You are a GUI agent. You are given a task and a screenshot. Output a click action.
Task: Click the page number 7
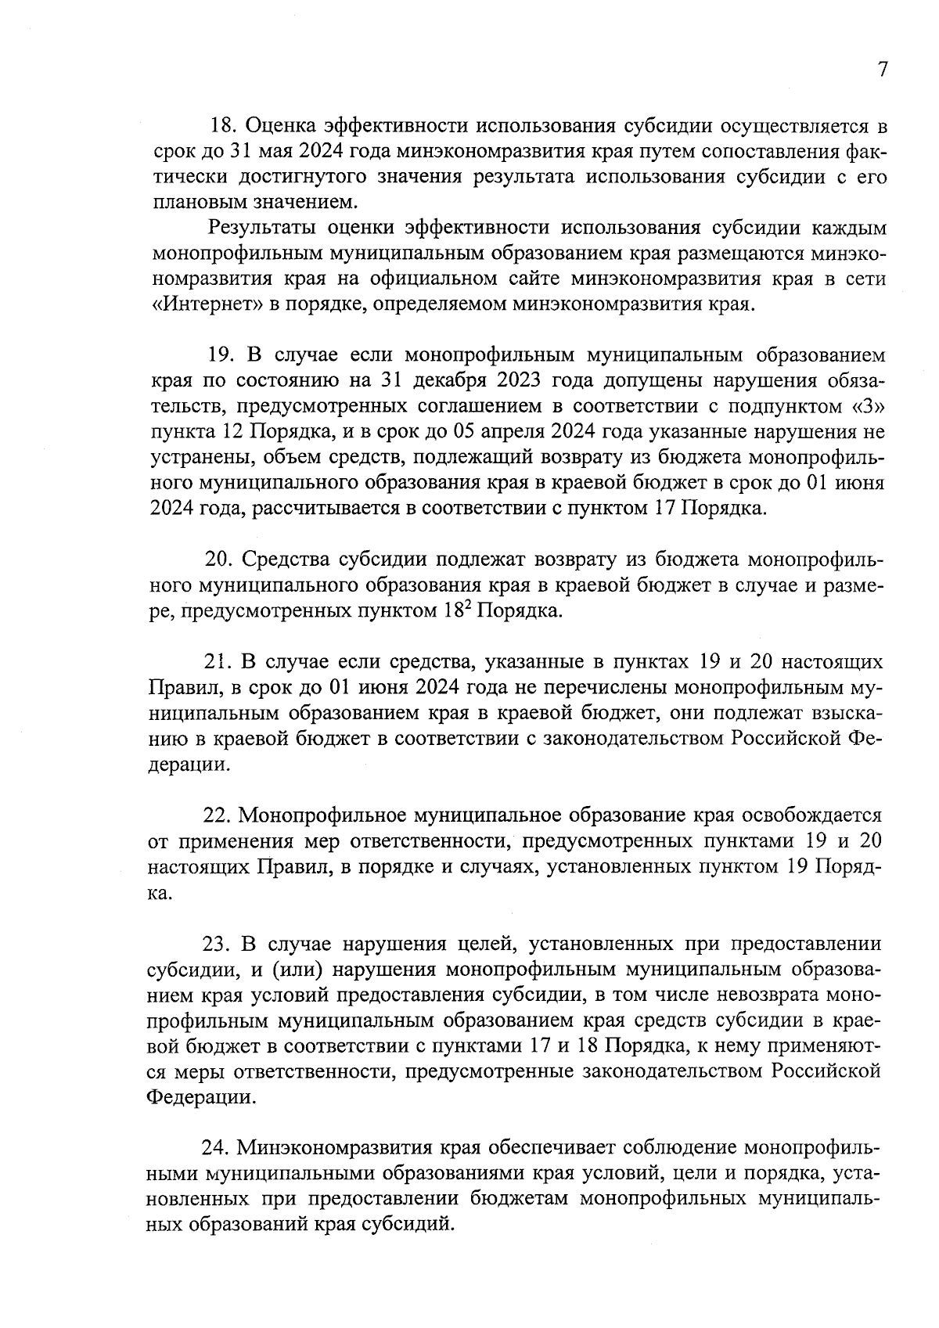882,70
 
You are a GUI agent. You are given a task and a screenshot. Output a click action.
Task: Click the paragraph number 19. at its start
222,355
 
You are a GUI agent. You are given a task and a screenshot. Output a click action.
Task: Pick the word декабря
456,381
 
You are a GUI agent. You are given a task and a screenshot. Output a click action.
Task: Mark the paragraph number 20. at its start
218,560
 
